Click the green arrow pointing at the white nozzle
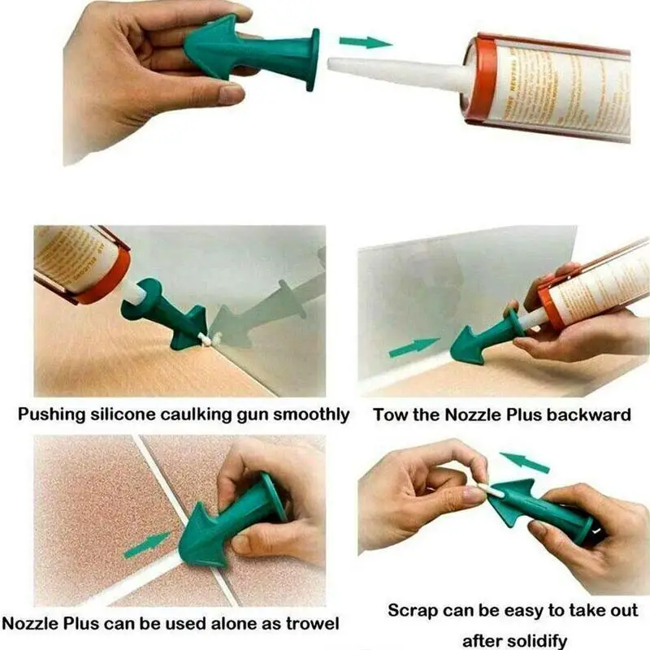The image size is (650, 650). [363, 41]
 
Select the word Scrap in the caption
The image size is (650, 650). [413, 609]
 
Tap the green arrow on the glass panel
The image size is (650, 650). [413, 347]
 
